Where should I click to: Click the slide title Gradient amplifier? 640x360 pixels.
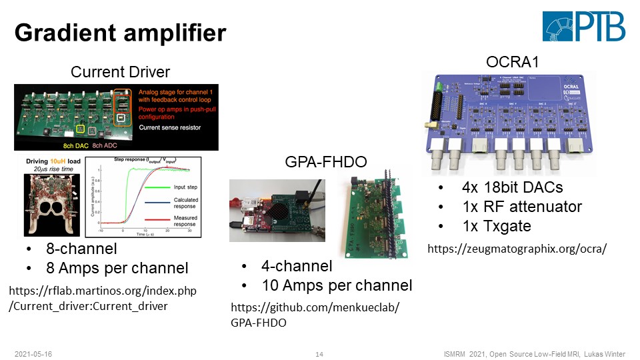coord(121,32)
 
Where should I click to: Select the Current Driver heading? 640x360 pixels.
coord(121,71)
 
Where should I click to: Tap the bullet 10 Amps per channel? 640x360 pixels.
coord(336,285)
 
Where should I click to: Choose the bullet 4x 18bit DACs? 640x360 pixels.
coord(512,188)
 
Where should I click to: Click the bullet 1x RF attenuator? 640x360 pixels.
coord(522,207)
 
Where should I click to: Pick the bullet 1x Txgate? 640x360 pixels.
coord(497,226)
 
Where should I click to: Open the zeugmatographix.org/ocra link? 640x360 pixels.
coord(517,249)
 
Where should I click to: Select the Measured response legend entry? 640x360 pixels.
coord(185,221)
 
